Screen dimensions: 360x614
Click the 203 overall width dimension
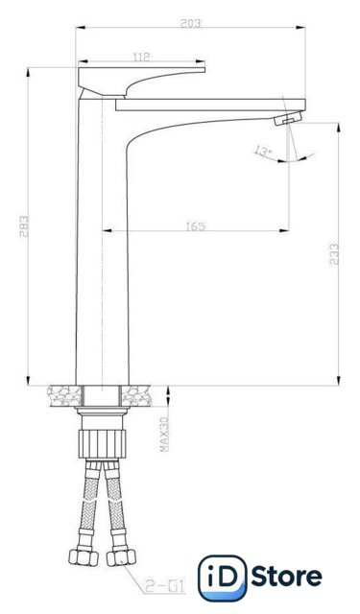(190, 23)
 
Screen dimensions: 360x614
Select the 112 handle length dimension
(141, 58)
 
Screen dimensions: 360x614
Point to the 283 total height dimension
(23, 226)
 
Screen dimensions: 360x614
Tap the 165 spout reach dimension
(196, 226)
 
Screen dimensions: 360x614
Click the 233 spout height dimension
(334, 254)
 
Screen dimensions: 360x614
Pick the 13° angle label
(263, 151)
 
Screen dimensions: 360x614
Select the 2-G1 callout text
(164, 586)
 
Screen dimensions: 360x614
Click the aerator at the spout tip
(289, 118)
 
